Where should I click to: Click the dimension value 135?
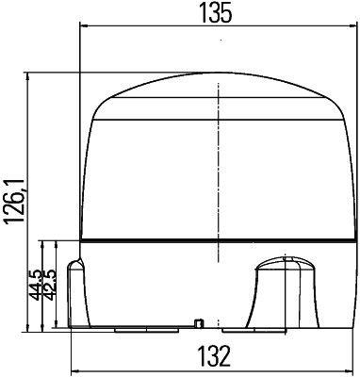218,13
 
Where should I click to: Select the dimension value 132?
218,358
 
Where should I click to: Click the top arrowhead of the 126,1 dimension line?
35,75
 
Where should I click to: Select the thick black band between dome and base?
219,236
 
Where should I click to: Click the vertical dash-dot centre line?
219,170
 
